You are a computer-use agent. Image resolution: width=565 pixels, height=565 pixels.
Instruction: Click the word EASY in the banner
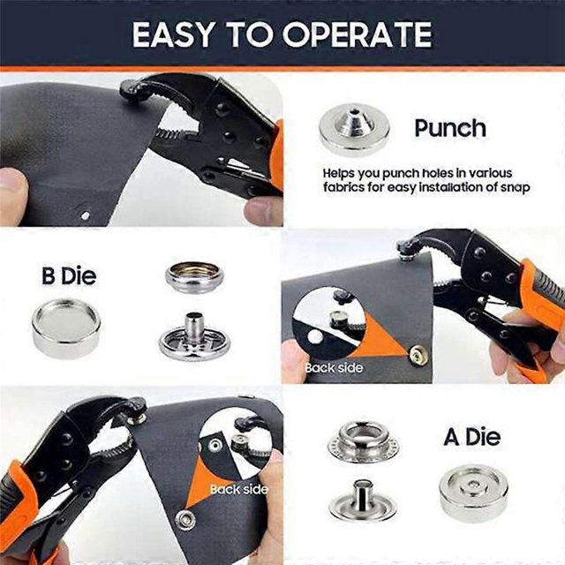173,34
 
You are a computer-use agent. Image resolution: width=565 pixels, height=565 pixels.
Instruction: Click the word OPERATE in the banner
358,34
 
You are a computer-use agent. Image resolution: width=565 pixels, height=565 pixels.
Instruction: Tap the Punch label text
450,128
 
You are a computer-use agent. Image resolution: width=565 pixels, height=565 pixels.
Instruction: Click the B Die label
69,276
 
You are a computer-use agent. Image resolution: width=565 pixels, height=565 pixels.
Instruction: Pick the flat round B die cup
66,328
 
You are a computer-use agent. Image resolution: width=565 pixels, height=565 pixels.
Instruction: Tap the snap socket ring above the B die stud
194,278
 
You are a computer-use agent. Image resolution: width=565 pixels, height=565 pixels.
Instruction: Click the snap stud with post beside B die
194,337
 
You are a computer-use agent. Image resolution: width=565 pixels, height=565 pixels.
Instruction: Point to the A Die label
472,437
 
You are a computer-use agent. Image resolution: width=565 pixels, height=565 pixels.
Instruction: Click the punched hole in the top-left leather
85,215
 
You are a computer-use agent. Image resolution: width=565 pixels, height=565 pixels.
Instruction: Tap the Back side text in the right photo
334,368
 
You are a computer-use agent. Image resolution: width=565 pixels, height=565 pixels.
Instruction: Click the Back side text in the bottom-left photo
239,489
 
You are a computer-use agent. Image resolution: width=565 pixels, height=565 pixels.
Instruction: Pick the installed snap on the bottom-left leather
185,520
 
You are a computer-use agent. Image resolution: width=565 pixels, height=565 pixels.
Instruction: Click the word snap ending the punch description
516,188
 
